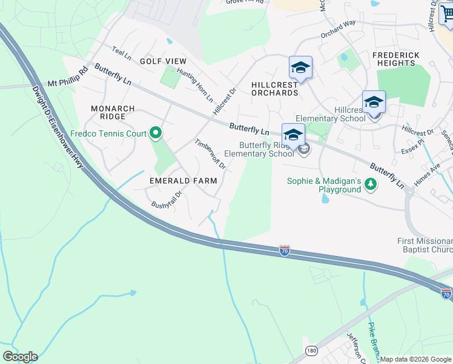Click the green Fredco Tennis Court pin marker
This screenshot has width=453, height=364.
click(156, 132)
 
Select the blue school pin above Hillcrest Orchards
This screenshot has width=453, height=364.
click(300, 68)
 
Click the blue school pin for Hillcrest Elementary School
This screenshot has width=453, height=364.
click(374, 103)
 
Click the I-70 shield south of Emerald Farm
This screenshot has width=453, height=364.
click(285, 250)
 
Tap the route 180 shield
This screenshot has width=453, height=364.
click(311, 350)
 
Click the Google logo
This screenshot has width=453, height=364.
click(20, 357)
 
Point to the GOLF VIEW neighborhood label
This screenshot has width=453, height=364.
click(163, 61)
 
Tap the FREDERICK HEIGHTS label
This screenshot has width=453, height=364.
click(396, 59)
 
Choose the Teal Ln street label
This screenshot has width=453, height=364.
click(122, 53)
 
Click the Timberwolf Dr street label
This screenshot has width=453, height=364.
click(210, 154)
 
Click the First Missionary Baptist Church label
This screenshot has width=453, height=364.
click(425, 246)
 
